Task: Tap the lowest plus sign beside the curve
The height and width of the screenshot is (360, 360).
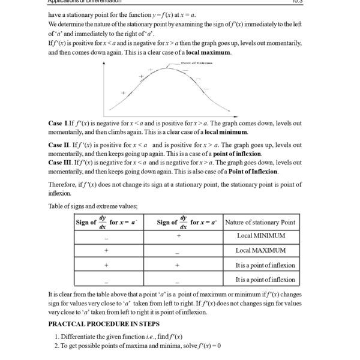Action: pyautogui.click(x=123, y=93)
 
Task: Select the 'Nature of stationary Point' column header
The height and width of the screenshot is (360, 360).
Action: pyautogui.click(x=260, y=222)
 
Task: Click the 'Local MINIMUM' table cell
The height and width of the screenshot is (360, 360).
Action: pyautogui.click(x=260, y=236)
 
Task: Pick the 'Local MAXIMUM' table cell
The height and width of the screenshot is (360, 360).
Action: pyautogui.click(x=260, y=250)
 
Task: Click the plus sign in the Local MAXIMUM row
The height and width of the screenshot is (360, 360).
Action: pyautogui.click(x=106, y=251)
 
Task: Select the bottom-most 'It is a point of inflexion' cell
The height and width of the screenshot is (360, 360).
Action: pyautogui.click(x=265, y=279)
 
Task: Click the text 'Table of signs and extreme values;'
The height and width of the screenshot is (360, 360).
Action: pyautogui.click(x=93, y=206)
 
